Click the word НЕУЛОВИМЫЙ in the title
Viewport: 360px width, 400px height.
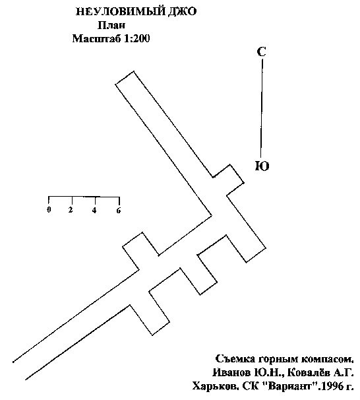pos(121,12)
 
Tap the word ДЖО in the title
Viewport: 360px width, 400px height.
pos(183,12)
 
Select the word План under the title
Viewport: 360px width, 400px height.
pos(111,25)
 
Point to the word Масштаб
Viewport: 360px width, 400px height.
pos(96,39)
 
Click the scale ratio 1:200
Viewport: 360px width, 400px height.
pos(137,38)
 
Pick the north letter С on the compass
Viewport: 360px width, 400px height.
pos(261,51)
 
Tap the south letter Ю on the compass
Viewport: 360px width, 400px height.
pos(262,166)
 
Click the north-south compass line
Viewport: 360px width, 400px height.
pos(262,108)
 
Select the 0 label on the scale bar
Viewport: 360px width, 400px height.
pos(49,210)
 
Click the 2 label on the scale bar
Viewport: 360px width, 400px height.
pos(71,210)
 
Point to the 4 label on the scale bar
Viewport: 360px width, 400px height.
pos(94,210)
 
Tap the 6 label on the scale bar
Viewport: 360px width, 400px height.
pos(119,210)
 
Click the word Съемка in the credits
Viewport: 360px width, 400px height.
pos(235,358)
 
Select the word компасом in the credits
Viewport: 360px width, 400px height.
pos(328,359)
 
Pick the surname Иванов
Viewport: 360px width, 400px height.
pos(232,373)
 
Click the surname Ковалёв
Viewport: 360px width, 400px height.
pos(308,372)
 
